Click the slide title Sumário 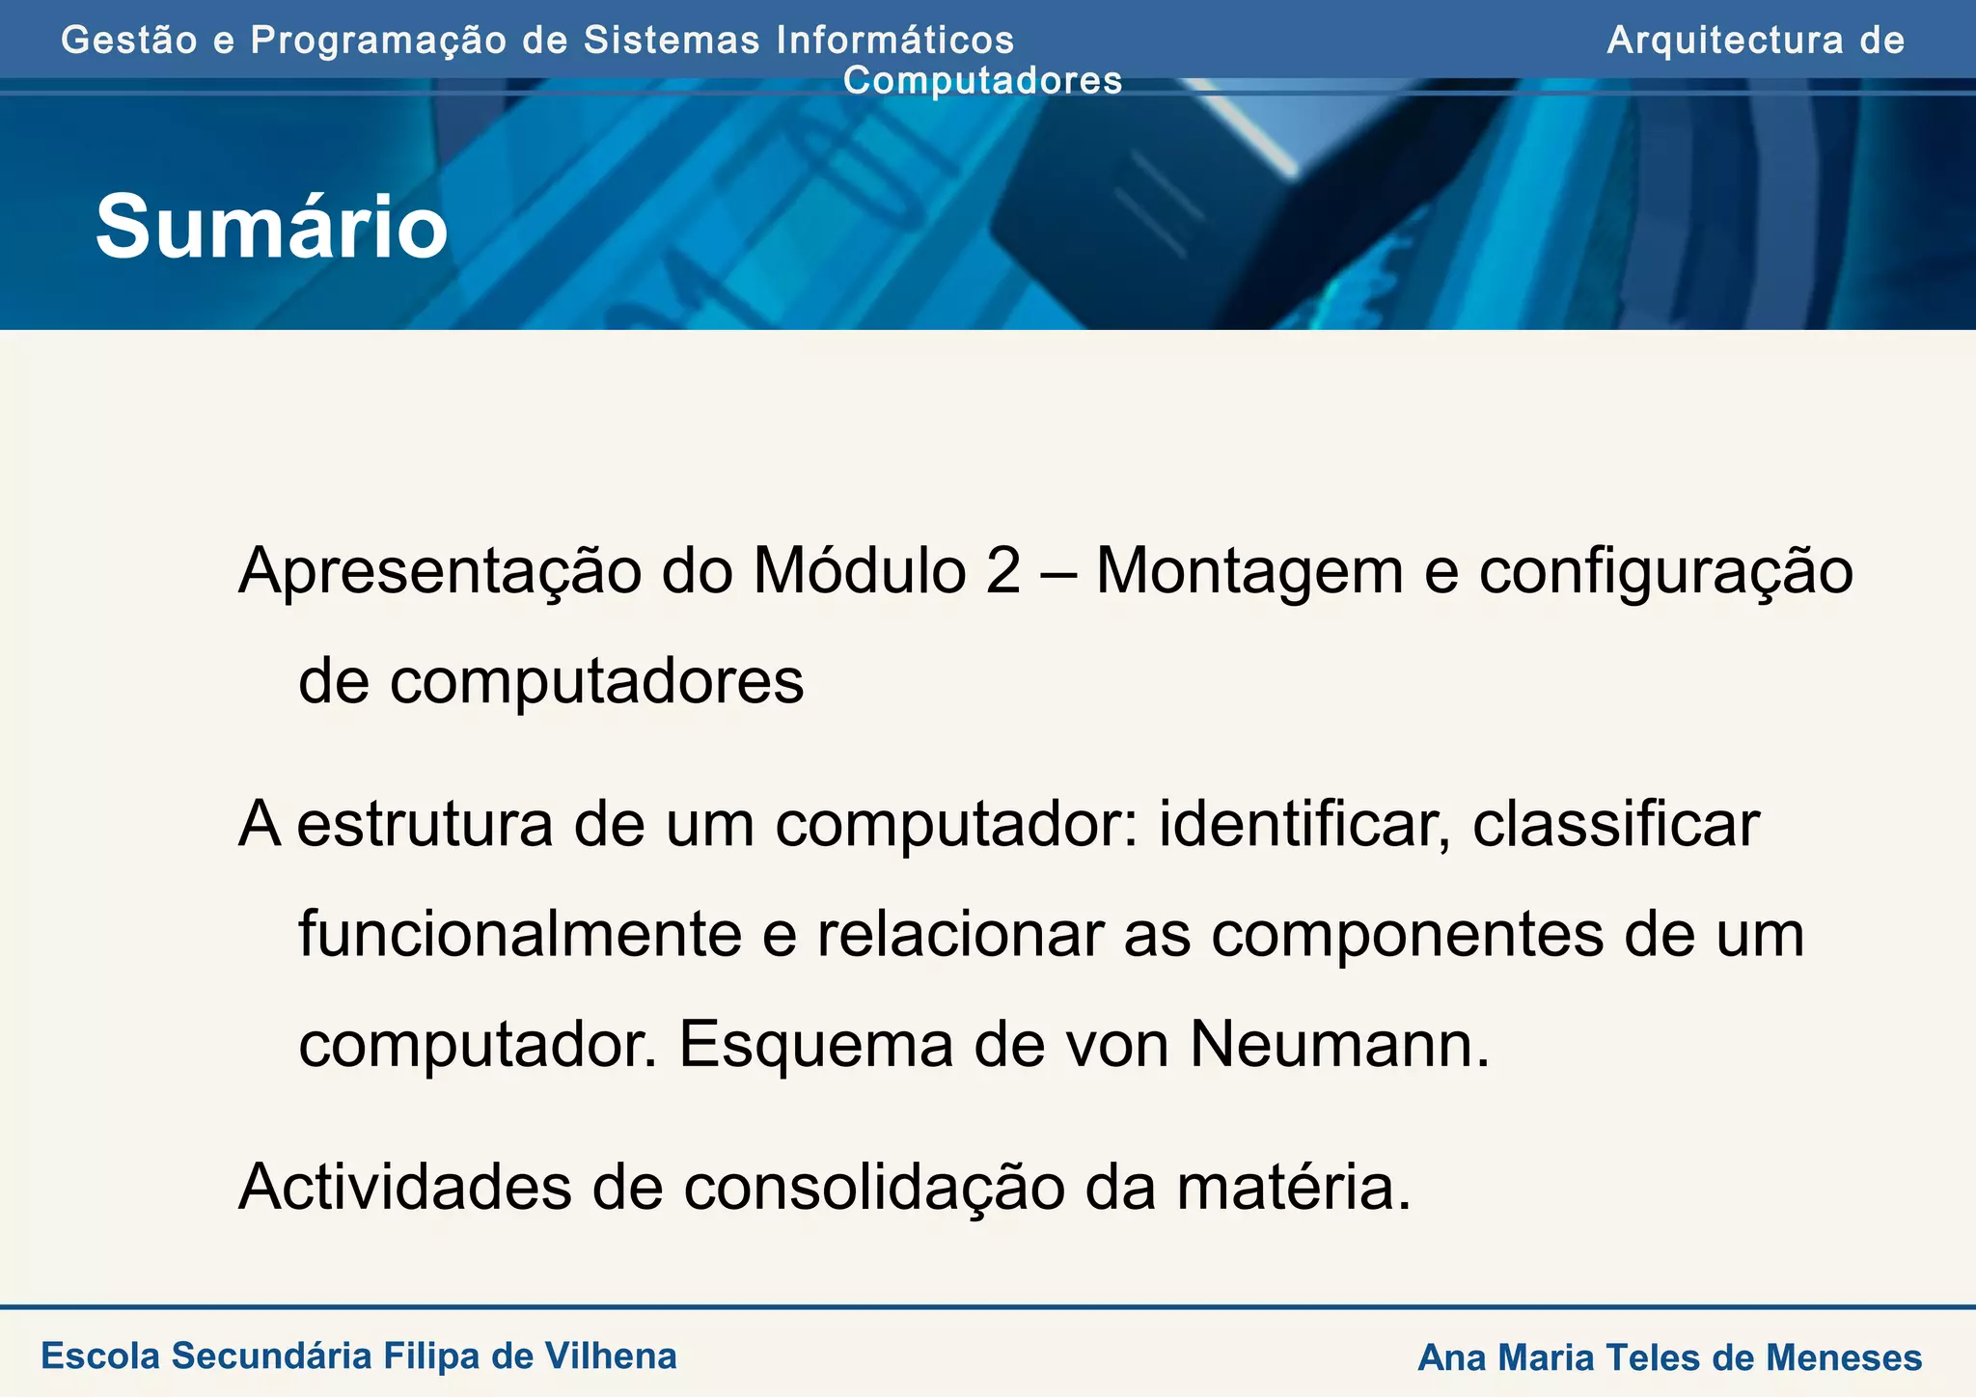pos(271,228)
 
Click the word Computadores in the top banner pos(982,81)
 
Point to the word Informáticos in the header pos(895,41)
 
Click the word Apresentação pos(440,571)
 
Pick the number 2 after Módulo pos(1003,571)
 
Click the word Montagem pos(1249,571)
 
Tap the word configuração pos(1665,571)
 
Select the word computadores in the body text pos(596,681)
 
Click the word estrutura pos(425,825)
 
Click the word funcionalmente pos(520,935)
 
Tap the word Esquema pos(815,1045)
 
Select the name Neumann pos(1339,1045)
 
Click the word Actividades pos(404,1188)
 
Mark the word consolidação pos(874,1188)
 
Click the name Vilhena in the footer pos(611,1356)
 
